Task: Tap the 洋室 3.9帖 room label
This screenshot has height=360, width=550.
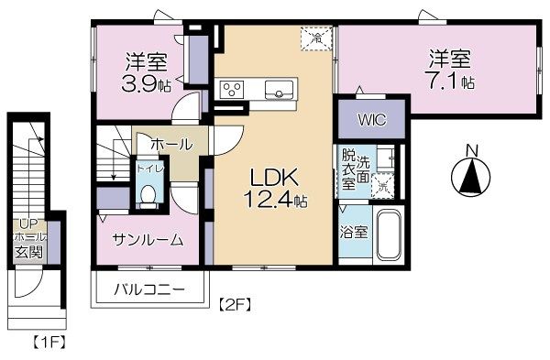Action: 146,72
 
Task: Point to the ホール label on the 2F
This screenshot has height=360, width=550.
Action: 171,144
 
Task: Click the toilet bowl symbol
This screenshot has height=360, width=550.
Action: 148,194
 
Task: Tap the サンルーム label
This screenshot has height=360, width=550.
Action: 148,239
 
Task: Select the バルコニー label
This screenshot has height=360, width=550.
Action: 148,290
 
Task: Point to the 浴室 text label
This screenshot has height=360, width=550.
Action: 354,231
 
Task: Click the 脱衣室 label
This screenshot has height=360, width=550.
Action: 348,169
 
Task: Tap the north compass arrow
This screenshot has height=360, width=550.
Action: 470,176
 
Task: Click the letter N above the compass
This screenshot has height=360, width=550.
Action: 470,150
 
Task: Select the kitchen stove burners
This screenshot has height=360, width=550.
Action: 231,89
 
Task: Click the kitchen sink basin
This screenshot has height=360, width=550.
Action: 279,89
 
